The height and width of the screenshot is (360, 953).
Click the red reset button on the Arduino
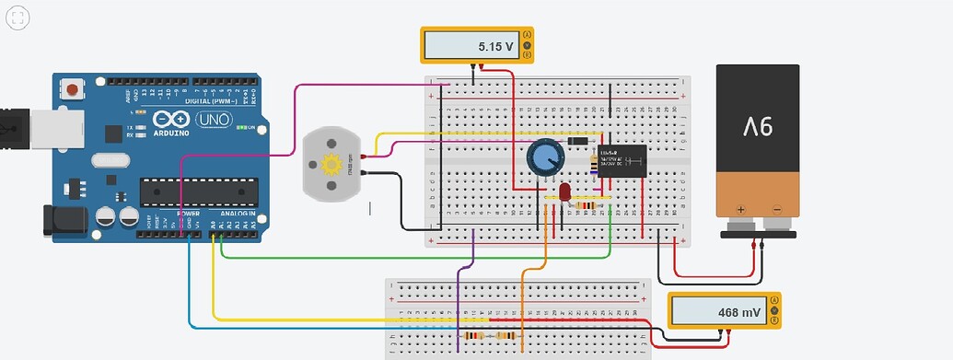[70, 90]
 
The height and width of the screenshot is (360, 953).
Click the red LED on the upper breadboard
[564, 192]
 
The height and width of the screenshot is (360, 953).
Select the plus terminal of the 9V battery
[741, 209]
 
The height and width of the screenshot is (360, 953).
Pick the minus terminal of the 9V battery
[777, 209]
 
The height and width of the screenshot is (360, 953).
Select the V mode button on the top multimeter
[528, 44]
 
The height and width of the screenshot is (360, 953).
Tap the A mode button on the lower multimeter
[774, 301]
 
